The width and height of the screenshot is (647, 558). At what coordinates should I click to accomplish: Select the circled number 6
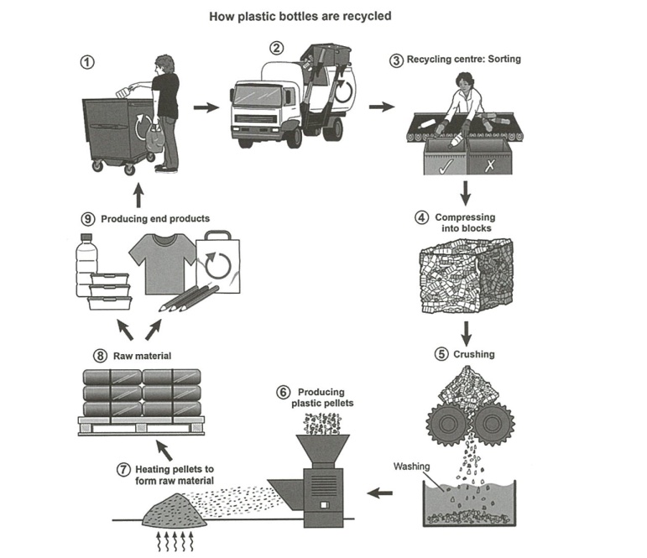[282, 391]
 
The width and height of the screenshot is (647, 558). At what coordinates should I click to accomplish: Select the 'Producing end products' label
[155, 218]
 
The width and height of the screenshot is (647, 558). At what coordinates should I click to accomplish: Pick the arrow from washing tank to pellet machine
[380, 493]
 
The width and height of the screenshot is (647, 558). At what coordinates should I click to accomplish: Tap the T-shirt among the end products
[160, 261]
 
